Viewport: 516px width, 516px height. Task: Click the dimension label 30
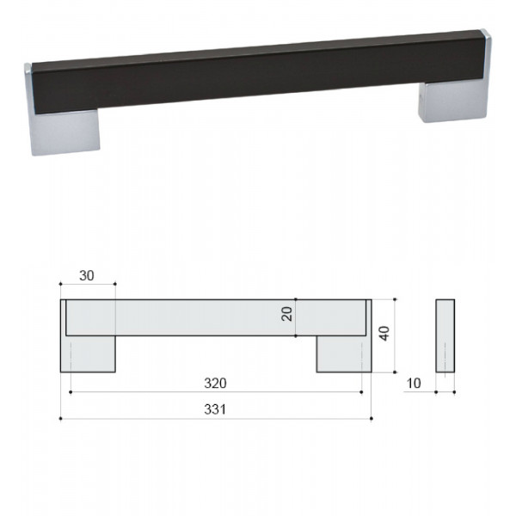pyautogui.click(x=87, y=275)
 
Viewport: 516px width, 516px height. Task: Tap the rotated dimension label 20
pyautogui.click(x=287, y=314)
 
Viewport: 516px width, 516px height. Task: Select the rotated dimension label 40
pyautogui.click(x=384, y=333)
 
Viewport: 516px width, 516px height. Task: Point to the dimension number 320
pyautogui.click(x=215, y=383)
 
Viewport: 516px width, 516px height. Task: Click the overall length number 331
pyautogui.click(x=215, y=409)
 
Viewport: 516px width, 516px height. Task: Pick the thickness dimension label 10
pyautogui.click(x=414, y=383)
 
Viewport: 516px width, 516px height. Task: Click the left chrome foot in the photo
pyautogui.click(x=66, y=132)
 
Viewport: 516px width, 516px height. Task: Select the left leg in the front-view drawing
pyautogui.click(x=88, y=353)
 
